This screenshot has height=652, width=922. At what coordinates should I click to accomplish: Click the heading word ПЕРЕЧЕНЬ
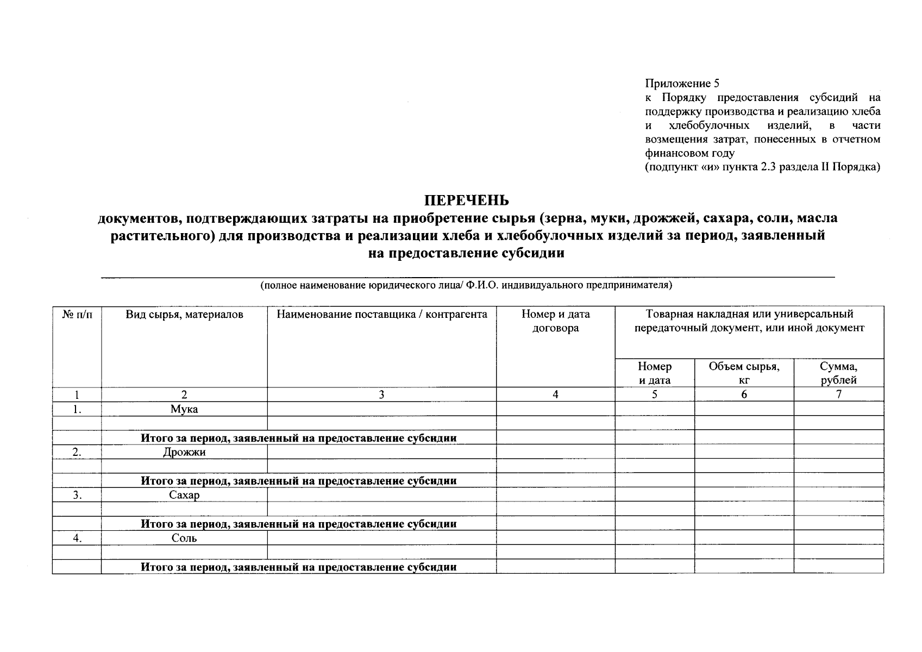[x=466, y=200]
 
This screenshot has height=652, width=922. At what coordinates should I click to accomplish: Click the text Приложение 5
[x=682, y=83]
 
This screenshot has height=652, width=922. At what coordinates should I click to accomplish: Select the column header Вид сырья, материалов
[x=184, y=314]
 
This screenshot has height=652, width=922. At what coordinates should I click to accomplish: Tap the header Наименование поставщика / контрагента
[x=381, y=314]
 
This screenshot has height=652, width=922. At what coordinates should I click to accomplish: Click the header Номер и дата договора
[x=555, y=321]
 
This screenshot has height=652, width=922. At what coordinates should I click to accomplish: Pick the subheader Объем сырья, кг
[x=744, y=373]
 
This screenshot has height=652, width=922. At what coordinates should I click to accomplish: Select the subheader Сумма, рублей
[x=838, y=373]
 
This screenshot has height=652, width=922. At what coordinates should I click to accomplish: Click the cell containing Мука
[x=184, y=409]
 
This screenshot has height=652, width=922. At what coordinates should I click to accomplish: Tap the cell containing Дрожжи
[x=184, y=452]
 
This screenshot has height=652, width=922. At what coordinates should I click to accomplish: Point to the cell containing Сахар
[x=184, y=495]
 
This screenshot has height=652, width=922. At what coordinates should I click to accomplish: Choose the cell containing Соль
[x=184, y=538]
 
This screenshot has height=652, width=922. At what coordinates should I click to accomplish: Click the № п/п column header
[x=77, y=314]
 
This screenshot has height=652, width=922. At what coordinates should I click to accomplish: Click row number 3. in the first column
[x=77, y=495]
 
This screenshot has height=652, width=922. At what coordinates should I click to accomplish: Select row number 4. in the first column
[x=77, y=538]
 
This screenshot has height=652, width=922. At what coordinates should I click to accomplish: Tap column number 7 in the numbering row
[x=838, y=394]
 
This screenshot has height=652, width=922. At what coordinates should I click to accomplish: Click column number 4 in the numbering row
[x=555, y=394]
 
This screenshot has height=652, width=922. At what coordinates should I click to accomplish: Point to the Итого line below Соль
[x=298, y=567]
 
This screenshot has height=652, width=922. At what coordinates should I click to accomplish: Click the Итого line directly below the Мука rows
[x=298, y=438]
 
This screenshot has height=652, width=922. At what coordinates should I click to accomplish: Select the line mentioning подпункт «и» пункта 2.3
[x=762, y=167]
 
